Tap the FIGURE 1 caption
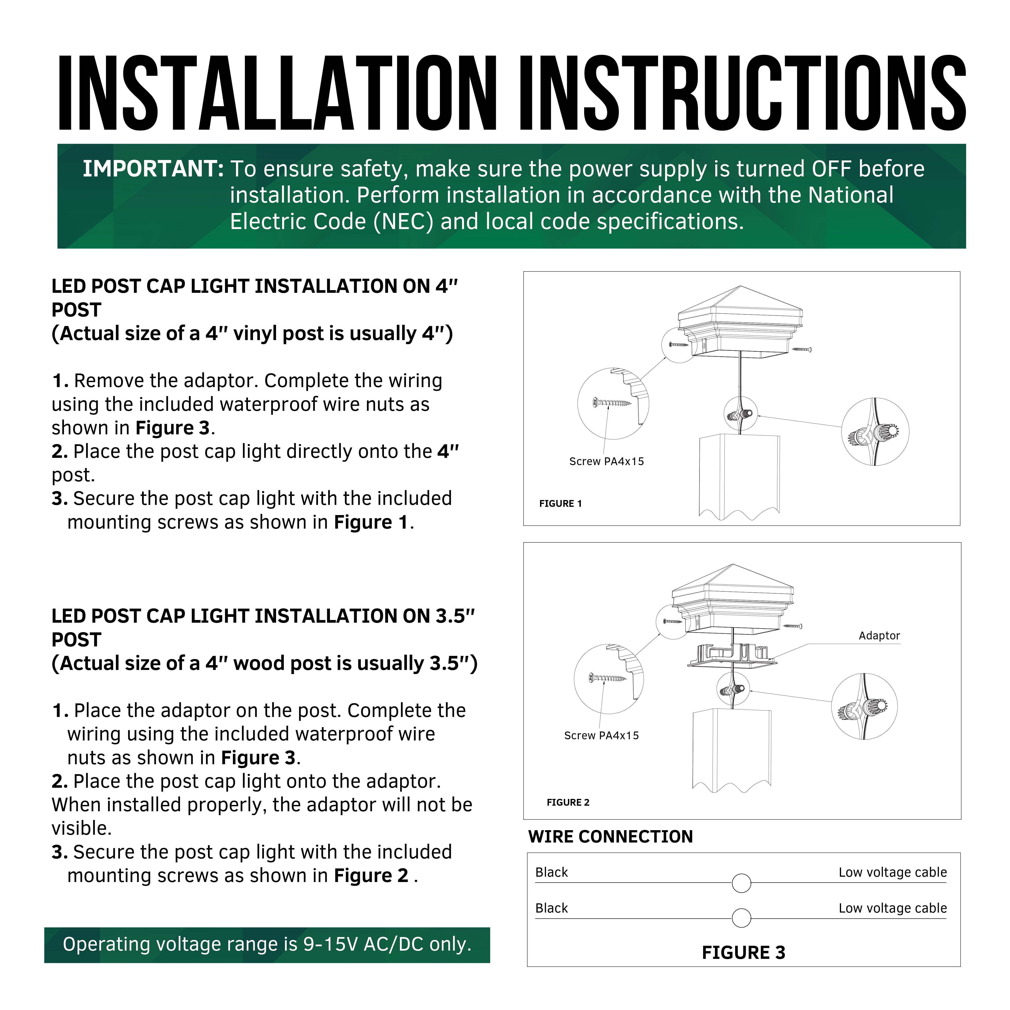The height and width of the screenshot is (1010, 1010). [560, 503]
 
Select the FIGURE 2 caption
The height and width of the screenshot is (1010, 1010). [568, 803]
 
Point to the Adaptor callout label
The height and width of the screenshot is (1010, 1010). [879, 636]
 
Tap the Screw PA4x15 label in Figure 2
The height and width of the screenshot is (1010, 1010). [601, 736]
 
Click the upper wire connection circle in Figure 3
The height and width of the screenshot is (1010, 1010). [741, 883]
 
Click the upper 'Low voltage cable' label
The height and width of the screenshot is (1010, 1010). [892, 873]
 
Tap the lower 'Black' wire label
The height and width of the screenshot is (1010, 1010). [551, 909]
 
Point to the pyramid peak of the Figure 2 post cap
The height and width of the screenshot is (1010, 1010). [733, 565]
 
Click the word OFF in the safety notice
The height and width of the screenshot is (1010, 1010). [831, 169]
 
